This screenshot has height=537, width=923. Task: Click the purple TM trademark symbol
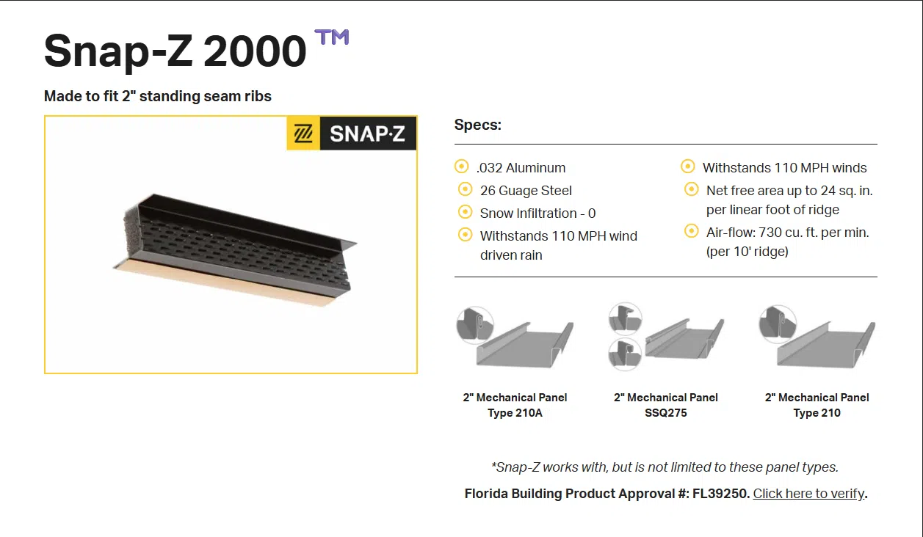click(x=332, y=37)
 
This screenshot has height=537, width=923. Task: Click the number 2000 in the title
click(x=255, y=51)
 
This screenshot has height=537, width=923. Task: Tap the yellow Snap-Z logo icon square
click(x=303, y=134)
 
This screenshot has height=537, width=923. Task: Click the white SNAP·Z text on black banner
click(x=368, y=134)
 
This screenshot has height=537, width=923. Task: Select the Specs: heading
click(x=477, y=125)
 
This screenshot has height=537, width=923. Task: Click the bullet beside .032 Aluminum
click(x=461, y=167)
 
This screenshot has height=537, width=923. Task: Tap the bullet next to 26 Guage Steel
click(x=466, y=189)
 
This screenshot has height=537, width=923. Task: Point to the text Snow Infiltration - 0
click(x=537, y=213)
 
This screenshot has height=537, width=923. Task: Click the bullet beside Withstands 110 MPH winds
click(x=688, y=167)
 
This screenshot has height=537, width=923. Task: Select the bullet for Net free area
click(x=692, y=189)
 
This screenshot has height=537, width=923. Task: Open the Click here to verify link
click(x=808, y=493)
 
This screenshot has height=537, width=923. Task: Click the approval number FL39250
click(x=720, y=493)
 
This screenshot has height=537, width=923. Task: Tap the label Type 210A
click(x=515, y=412)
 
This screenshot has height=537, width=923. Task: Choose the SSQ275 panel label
click(x=666, y=412)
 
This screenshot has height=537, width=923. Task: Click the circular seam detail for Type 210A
click(x=475, y=325)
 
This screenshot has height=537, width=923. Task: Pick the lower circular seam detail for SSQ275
click(x=625, y=354)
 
